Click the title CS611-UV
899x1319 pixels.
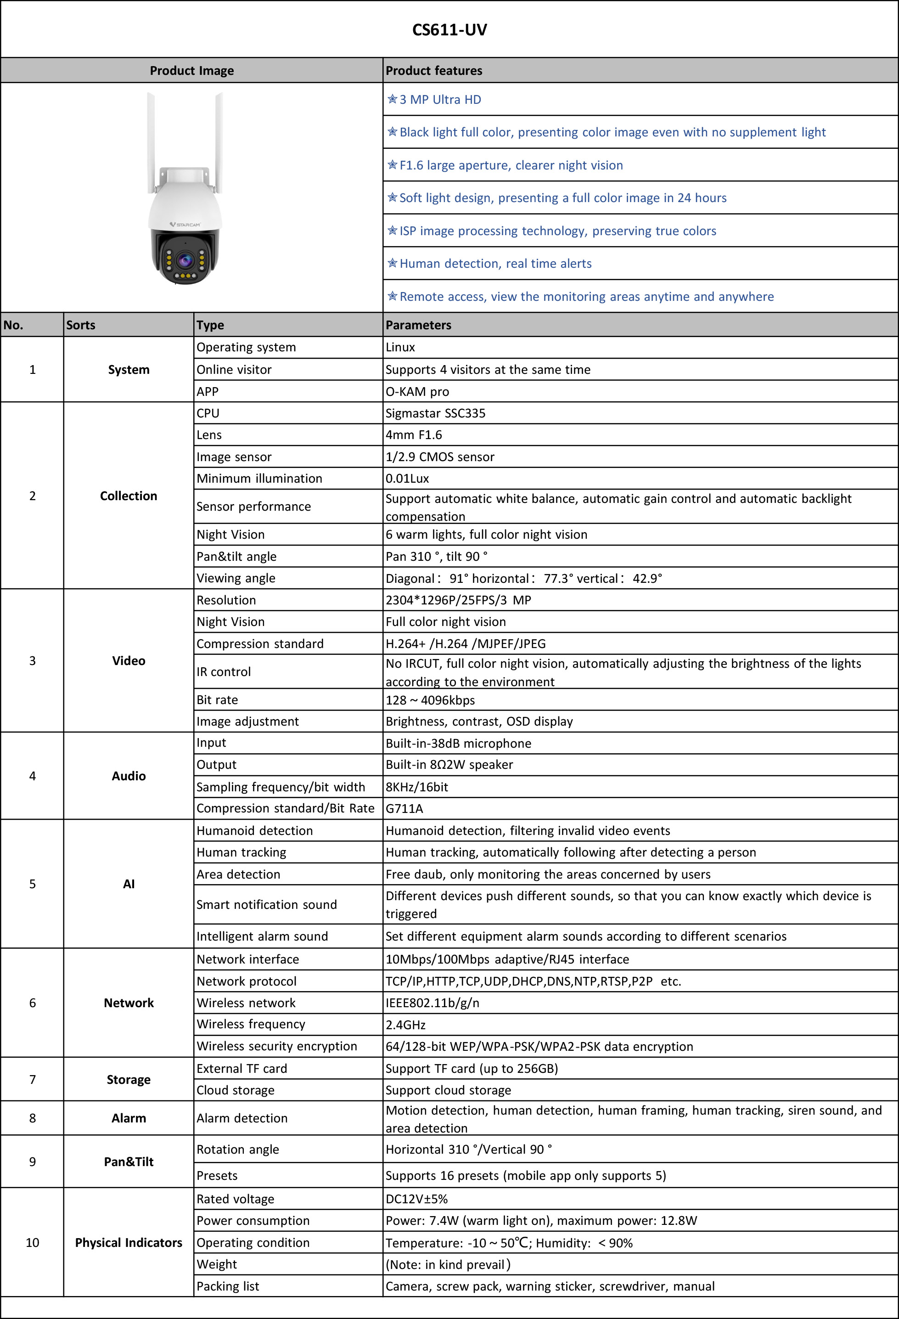(x=449, y=29)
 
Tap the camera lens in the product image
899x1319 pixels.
(x=185, y=260)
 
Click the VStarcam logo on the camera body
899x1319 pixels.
(x=185, y=225)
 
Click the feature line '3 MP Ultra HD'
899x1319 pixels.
(x=440, y=100)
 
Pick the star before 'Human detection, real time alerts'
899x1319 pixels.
(x=392, y=263)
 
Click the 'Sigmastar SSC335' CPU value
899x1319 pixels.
(x=435, y=413)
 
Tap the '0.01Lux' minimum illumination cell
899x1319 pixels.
(x=407, y=479)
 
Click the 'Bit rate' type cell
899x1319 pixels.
(x=217, y=700)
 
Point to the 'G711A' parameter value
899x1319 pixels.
(x=404, y=808)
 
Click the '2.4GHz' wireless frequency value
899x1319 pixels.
(x=405, y=1025)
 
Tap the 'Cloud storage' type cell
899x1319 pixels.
(x=236, y=1090)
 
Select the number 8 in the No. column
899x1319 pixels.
(x=32, y=1118)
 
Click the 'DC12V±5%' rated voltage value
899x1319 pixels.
(x=416, y=1199)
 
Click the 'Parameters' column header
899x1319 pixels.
(x=418, y=325)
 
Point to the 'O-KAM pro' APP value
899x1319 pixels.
(x=417, y=392)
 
